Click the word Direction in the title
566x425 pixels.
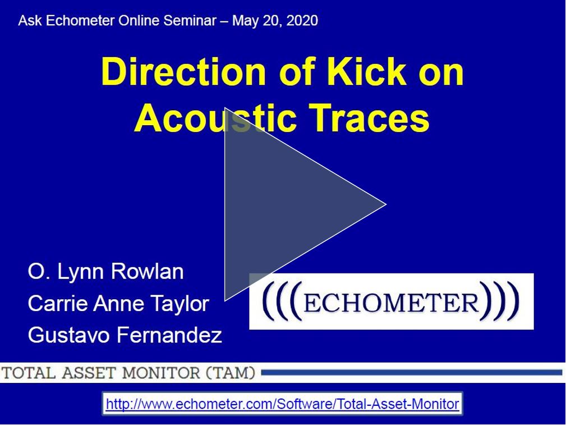click(183, 71)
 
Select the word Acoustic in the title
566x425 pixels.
click(215, 117)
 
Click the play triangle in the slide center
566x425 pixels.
click(289, 204)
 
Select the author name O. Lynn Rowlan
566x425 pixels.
click(106, 272)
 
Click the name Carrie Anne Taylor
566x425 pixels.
click(118, 304)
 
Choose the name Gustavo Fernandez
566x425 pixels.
click(125, 334)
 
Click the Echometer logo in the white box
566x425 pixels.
click(392, 301)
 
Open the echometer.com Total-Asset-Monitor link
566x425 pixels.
click(282, 404)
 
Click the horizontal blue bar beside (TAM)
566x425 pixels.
click(412, 372)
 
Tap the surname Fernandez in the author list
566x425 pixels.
click(170, 334)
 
